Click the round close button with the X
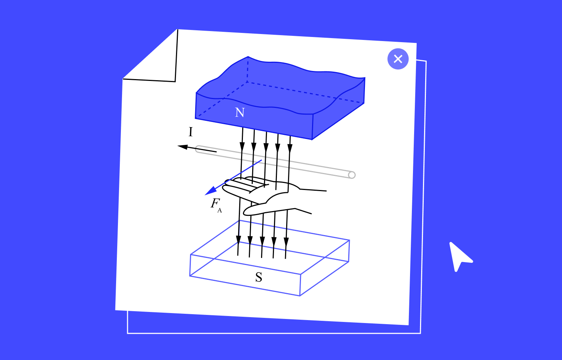[398, 59]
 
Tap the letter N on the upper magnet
[240, 112]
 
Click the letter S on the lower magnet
[259, 277]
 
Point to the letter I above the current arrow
[191, 132]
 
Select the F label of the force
[215, 203]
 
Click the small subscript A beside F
[220, 210]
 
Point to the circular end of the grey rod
[352, 175]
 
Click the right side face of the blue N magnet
[338, 111]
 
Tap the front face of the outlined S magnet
[245, 275]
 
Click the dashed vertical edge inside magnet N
[248, 69]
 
